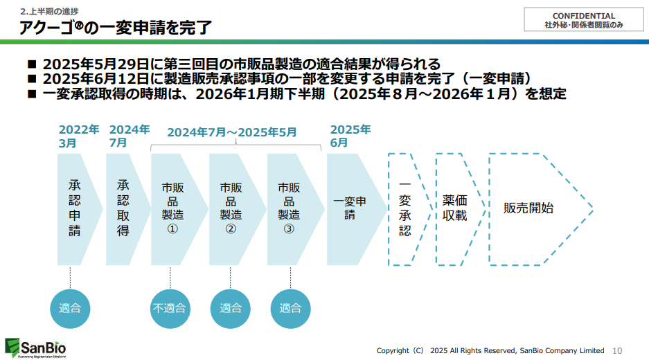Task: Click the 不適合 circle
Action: (169, 308)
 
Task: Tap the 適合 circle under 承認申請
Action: (70, 308)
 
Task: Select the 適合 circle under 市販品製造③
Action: (290, 308)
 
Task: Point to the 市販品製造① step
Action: (173, 208)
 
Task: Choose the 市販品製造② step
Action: (231, 208)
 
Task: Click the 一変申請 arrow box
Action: (352, 208)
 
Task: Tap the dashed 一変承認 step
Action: (405, 209)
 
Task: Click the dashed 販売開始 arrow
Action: (533, 208)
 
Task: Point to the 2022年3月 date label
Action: (78, 136)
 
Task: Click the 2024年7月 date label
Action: (129, 136)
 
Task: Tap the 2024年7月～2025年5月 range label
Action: (231, 132)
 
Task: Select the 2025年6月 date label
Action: (350, 136)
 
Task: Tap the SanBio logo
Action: (35, 347)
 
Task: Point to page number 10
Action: (618, 350)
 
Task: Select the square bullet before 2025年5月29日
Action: (31, 64)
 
